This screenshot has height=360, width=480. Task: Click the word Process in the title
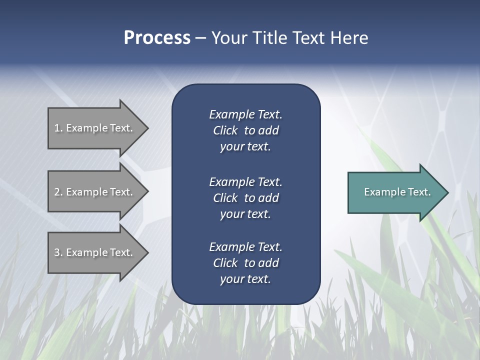157,38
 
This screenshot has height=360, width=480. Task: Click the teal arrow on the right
395,192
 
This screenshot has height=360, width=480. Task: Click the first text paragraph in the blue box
245,130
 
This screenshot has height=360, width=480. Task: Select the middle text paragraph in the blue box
245,198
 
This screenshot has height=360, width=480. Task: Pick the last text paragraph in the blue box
245,263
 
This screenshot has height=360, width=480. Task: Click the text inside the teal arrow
397,192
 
